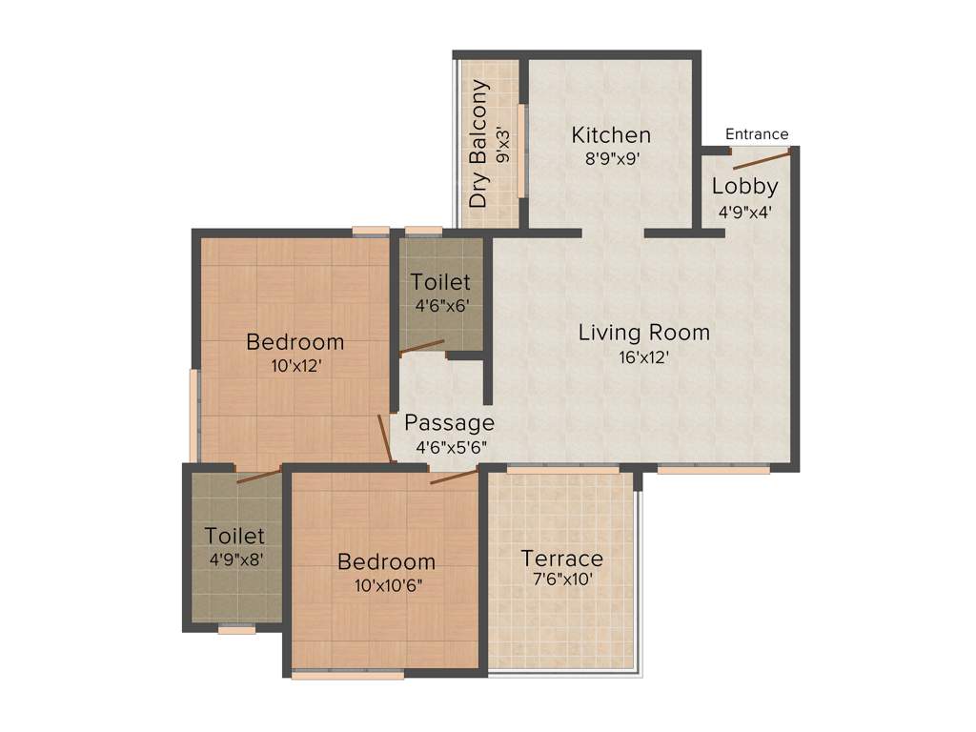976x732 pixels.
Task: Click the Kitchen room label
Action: pos(611,135)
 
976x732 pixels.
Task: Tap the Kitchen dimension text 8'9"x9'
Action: pos(611,159)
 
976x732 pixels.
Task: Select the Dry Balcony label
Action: pos(479,144)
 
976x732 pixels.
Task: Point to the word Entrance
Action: pos(757,134)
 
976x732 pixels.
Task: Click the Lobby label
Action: pos(745,187)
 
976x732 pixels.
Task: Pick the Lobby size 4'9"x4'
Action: pos(745,212)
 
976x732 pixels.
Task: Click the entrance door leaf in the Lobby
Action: pos(762,159)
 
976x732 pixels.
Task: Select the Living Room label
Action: pos(644,333)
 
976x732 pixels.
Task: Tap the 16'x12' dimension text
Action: pos(644,358)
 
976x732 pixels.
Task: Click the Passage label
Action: pos(449,422)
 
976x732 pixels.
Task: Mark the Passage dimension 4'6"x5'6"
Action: pos(449,447)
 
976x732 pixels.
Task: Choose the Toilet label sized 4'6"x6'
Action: pos(440,282)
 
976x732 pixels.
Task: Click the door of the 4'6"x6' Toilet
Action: pos(421,347)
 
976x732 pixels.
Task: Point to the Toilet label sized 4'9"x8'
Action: pos(234,537)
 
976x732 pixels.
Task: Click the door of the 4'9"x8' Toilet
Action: pos(258,476)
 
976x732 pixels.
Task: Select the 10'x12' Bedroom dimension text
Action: pos(295,366)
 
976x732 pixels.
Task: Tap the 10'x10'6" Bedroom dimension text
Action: pos(386,585)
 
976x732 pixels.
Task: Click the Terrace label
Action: pos(561,558)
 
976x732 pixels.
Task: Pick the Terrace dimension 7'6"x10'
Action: pos(561,579)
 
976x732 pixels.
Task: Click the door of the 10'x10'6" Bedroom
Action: pos(453,476)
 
